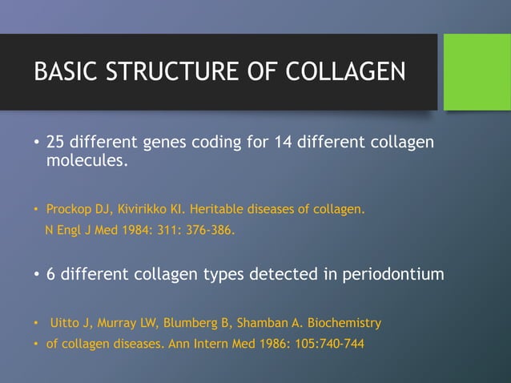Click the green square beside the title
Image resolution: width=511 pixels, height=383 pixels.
477,71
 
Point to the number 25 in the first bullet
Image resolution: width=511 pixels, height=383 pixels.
55,143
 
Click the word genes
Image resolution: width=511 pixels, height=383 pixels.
165,143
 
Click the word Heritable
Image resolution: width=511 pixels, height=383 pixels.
215,211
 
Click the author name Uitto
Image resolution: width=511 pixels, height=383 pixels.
62,324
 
